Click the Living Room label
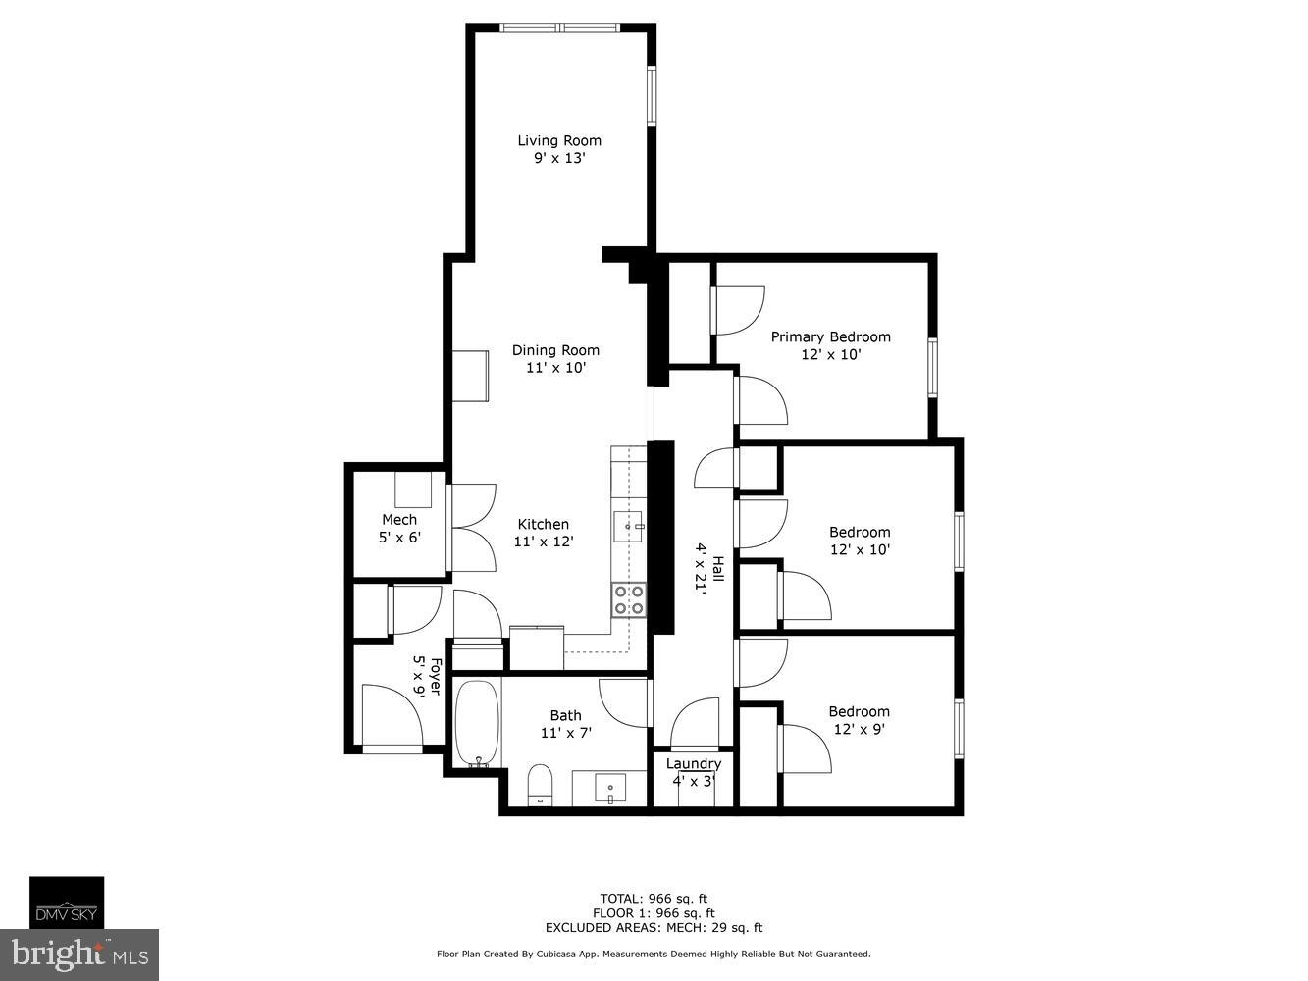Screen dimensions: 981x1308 pos(559,140)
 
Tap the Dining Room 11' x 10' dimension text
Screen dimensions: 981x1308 pos(555,368)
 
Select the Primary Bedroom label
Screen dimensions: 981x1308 pos(830,336)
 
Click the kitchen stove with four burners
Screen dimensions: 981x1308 pos(628,599)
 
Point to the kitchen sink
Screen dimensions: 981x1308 pos(627,526)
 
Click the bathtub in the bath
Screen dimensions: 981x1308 pos(477,723)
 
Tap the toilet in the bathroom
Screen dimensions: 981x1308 pos(540,785)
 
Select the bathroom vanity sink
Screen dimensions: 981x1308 pos(610,787)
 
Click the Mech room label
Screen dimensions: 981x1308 pos(399,520)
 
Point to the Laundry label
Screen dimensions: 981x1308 pos(694,764)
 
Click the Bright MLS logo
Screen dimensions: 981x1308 pos(80,955)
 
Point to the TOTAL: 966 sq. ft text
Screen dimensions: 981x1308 pos(654,898)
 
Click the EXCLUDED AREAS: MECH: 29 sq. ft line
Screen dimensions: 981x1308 pos(654,927)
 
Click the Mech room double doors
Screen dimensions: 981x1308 pos(472,530)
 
